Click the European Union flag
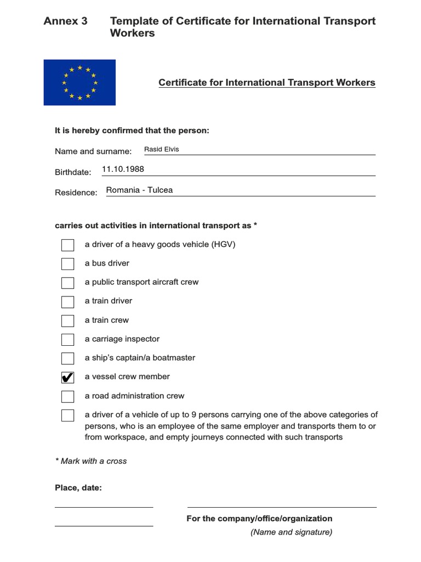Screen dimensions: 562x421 (x=79, y=82)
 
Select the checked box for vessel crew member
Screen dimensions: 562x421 (x=67, y=377)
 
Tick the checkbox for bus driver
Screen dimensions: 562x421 (x=67, y=264)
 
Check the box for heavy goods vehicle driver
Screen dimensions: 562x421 (x=67, y=245)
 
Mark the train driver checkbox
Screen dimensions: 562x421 (x=67, y=302)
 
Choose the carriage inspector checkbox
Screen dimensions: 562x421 (x=67, y=339)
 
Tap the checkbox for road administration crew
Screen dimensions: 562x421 (x=67, y=396)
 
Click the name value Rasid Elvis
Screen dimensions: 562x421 (x=161, y=149)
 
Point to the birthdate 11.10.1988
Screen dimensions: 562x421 (x=123, y=169)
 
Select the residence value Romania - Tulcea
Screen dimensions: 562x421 (x=139, y=190)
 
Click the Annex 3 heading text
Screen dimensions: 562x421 (x=65, y=21)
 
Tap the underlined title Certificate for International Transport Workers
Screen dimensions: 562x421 (x=267, y=83)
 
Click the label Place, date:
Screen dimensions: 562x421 (x=78, y=487)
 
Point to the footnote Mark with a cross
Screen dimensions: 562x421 (x=91, y=461)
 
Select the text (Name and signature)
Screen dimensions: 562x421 (x=291, y=532)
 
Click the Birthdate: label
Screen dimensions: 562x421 (x=73, y=172)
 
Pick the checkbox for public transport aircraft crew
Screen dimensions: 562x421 (x=67, y=283)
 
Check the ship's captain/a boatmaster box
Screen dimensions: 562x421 (x=67, y=358)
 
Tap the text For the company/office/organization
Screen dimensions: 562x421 (x=259, y=519)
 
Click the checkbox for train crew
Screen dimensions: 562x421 (x=67, y=321)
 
